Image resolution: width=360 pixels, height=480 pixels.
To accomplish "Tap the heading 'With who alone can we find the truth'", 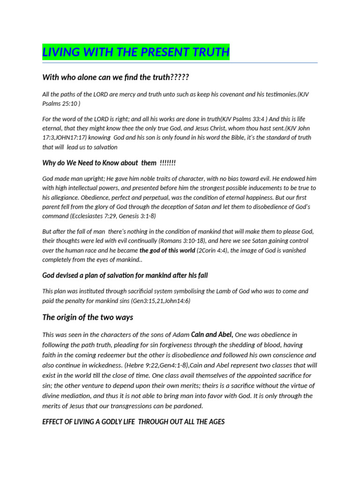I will point(115,77).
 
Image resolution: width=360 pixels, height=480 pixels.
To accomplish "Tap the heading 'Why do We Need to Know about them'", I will point(109,163).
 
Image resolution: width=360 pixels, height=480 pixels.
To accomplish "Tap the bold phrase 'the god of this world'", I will point(167,250).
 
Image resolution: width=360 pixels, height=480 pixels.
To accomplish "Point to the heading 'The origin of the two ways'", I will point(88,317).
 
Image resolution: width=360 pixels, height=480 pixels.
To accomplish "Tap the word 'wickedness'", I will point(104,365).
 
